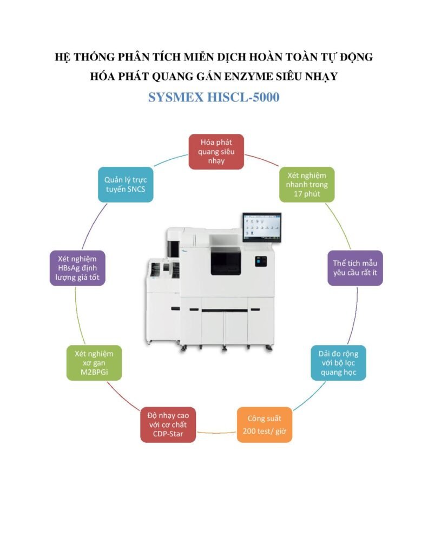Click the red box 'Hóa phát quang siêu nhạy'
point(216,151)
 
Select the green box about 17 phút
point(307,184)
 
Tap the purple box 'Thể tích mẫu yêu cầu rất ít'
point(355,268)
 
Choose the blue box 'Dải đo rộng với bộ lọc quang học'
point(338,363)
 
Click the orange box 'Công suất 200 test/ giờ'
point(264,424)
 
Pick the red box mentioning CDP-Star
point(168,424)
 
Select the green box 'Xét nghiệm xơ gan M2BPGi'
point(94,363)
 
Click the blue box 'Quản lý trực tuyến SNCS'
point(125,184)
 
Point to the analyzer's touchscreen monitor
point(261,227)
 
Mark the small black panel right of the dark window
point(262,261)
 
